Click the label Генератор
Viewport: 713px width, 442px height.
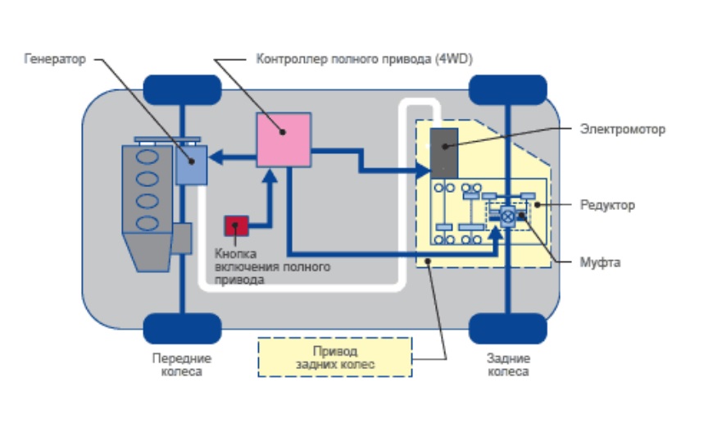tap(55, 60)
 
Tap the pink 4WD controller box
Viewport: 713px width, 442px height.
tap(284, 140)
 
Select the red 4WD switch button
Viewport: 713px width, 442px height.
tap(237, 226)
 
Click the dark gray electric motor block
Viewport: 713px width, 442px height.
tap(444, 152)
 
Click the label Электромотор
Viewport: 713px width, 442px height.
tap(622, 129)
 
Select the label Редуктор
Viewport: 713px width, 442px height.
tap(607, 204)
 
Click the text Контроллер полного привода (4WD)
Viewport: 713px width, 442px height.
tap(364, 60)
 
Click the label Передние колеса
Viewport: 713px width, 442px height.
tap(182, 365)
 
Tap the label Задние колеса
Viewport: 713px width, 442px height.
tap(508, 365)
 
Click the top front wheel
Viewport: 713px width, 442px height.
tap(182, 89)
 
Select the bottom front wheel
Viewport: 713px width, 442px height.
tap(182, 328)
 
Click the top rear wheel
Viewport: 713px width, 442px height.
tap(507, 89)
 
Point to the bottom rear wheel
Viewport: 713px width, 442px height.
tap(507, 328)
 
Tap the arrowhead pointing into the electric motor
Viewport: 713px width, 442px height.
tap(424, 171)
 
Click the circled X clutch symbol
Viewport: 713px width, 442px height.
tap(508, 216)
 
